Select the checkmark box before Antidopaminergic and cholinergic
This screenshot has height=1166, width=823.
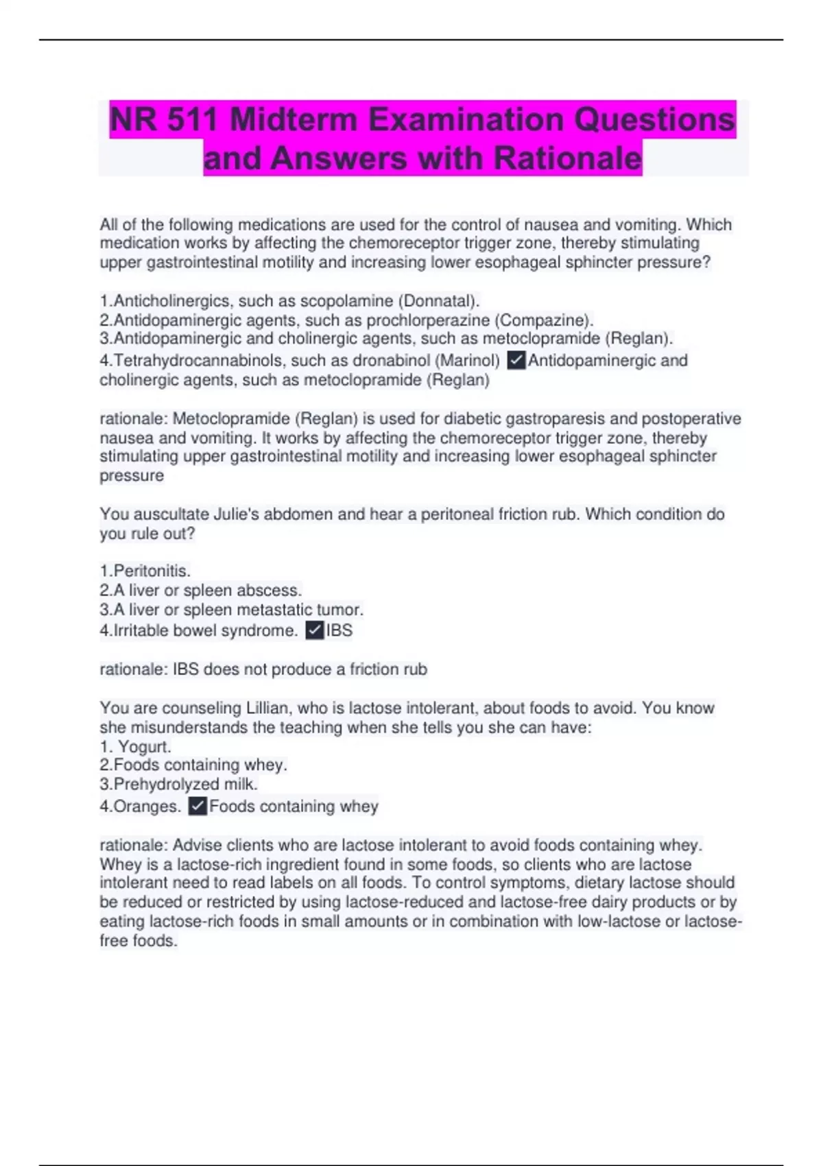(x=516, y=360)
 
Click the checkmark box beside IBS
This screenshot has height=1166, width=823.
(x=314, y=630)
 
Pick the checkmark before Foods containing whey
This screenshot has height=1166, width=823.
(x=198, y=806)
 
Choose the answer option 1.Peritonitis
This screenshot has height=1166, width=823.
(x=145, y=571)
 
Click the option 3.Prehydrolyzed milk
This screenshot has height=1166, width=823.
(x=179, y=784)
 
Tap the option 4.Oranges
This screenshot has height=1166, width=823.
(x=141, y=807)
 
